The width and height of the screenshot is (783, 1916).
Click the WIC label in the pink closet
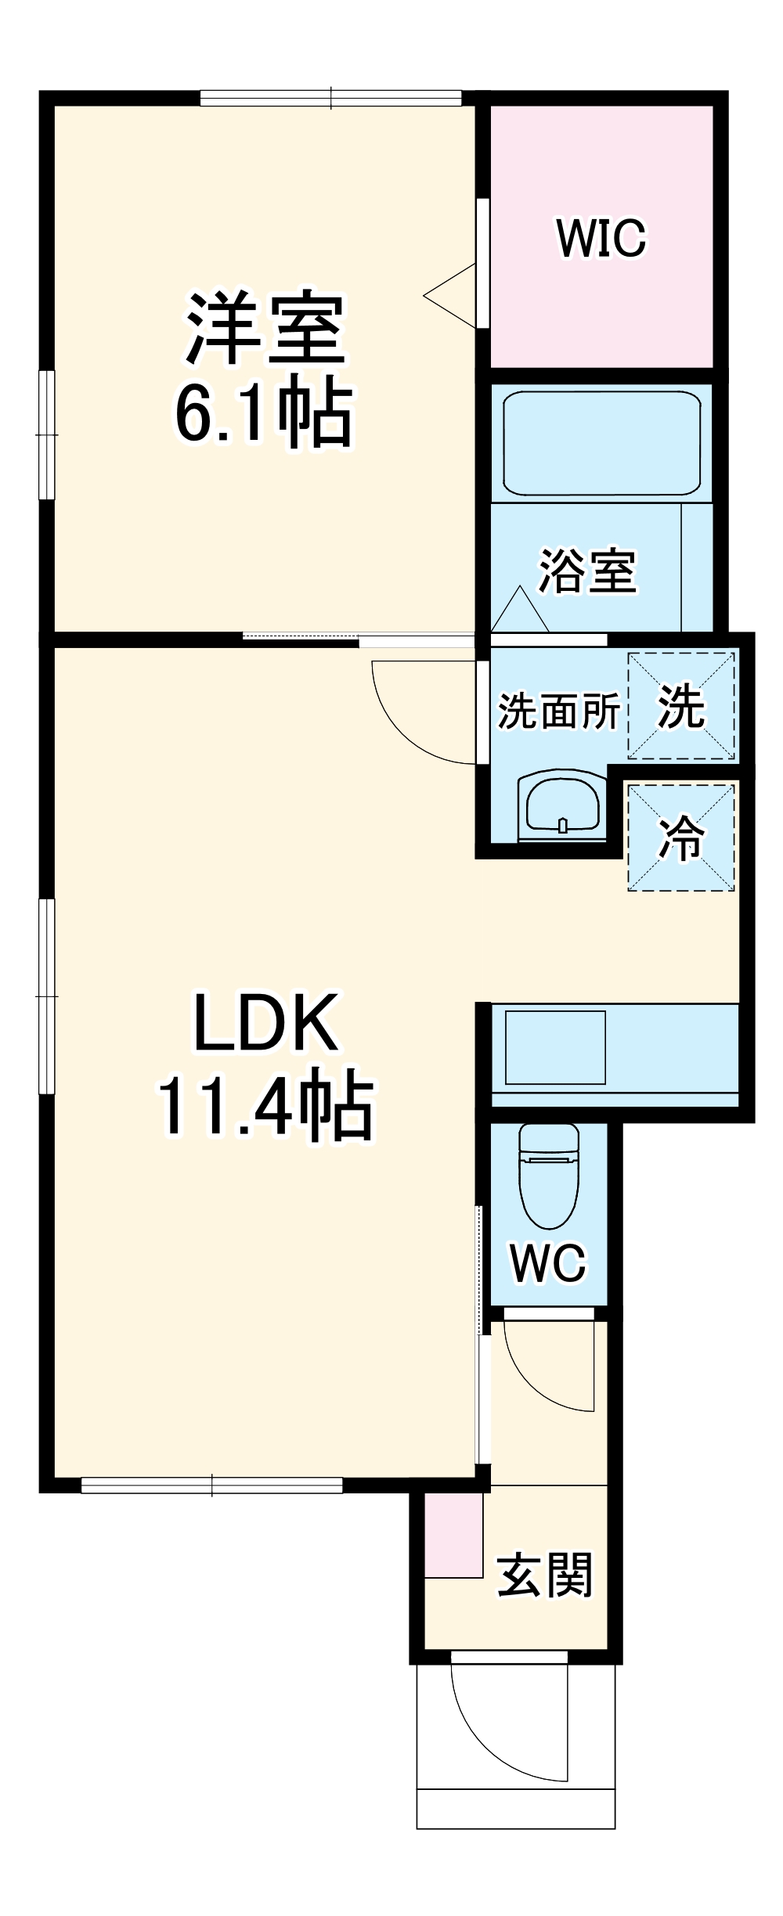(x=601, y=238)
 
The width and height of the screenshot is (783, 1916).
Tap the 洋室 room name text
(x=265, y=329)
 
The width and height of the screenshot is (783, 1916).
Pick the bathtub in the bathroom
(x=601, y=443)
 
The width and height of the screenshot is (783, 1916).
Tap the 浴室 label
(x=587, y=571)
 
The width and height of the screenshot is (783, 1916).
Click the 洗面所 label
(x=559, y=711)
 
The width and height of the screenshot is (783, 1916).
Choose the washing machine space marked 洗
(x=681, y=707)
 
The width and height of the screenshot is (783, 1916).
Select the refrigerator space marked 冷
(x=681, y=837)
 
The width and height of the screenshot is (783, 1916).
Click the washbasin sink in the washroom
(x=563, y=806)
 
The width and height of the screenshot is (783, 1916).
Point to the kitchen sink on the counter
(x=555, y=1047)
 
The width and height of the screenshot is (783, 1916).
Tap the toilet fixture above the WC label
(x=549, y=1174)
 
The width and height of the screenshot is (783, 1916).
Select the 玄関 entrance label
(x=545, y=1575)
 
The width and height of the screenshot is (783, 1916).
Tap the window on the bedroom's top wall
(x=330, y=99)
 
